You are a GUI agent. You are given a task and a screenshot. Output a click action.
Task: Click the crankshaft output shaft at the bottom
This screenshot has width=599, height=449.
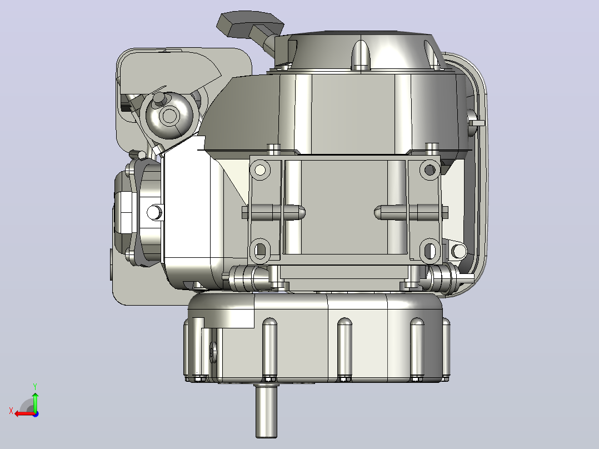(x=266, y=411)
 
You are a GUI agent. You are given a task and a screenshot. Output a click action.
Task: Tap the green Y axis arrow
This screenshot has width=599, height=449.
(x=35, y=402)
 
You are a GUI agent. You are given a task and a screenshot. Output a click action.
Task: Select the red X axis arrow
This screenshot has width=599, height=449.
(x=24, y=413)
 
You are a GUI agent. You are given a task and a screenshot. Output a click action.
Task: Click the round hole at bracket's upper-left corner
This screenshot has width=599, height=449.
(x=260, y=169)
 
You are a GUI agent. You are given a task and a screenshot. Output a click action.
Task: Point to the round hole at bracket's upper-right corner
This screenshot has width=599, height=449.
(x=430, y=169)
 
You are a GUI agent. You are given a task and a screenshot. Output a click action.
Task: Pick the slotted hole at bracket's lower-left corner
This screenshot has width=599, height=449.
(x=260, y=250)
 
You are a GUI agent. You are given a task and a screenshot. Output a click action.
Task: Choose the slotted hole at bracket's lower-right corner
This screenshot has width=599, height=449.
(x=430, y=250)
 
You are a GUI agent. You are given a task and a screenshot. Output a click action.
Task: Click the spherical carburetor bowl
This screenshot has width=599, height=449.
(x=168, y=116)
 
